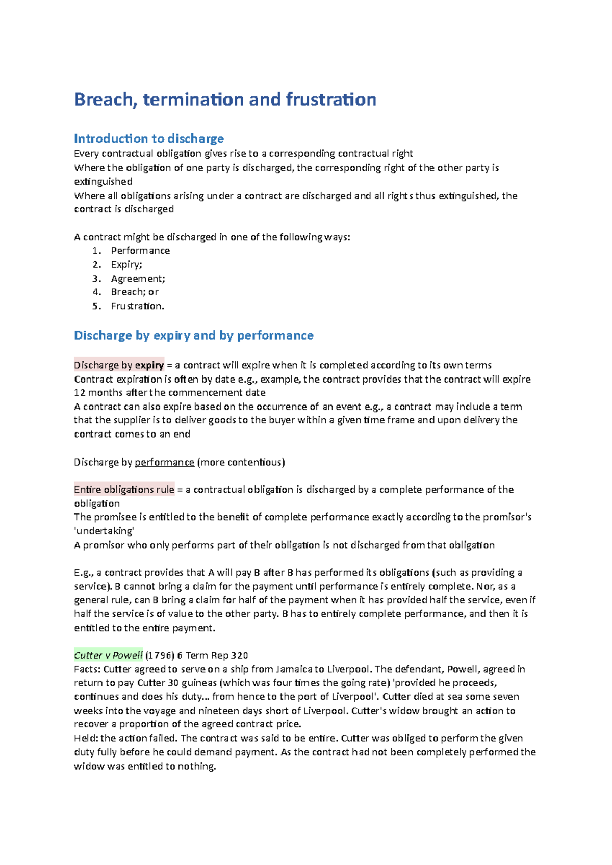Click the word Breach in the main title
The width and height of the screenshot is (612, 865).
pyautogui.click(x=105, y=99)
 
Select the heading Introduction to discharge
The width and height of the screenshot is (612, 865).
pyautogui.click(x=149, y=139)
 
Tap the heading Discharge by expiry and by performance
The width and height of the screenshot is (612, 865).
pyautogui.click(x=193, y=335)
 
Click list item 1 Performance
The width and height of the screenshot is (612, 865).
pyautogui.click(x=140, y=251)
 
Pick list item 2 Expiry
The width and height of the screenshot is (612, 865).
pyautogui.click(x=126, y=264)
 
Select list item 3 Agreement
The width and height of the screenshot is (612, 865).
pyautogui.click(x=138, y=279)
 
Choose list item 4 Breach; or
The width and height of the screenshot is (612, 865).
pyautogui.click(x=135, y=292)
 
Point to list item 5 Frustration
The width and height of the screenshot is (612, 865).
pyautogui.click(x=137, y=306)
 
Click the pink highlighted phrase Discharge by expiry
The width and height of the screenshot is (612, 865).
pyautogui.click(x=119, y=365)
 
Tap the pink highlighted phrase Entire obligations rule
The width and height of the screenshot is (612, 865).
pyautogui.click(x=124, y=490)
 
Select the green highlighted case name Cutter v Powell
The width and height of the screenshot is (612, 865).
pyautogui.click(x=108, y=655)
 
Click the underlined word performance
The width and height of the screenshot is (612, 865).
pyautogui.click(x=164, y=462)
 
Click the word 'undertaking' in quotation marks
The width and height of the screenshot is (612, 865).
pyautogui.click(x=104, y=531)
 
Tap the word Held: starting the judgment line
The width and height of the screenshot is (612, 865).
pyautogui.click(x=86, y=738)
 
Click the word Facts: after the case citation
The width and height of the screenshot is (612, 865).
pyautogui.click(x=87, y=669)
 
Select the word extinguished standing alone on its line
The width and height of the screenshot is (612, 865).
pyautogui.click(x=103, y=182)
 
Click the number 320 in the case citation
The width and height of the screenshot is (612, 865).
pyautogui.click(x=239, y=655)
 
